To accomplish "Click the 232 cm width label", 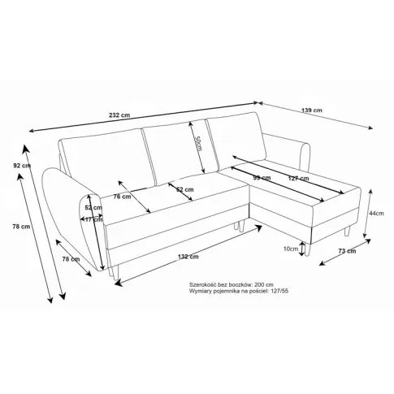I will tap(120, 115).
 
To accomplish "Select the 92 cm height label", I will tap(21, 165).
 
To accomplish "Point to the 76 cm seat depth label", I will tap(121, 197).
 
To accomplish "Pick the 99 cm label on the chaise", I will tap(261, 178).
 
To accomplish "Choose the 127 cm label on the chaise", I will tap(298, 178).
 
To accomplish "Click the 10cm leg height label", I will tap(290, 249).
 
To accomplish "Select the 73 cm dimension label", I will tap(347, 252).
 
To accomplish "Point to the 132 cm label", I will tap(188, 257).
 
